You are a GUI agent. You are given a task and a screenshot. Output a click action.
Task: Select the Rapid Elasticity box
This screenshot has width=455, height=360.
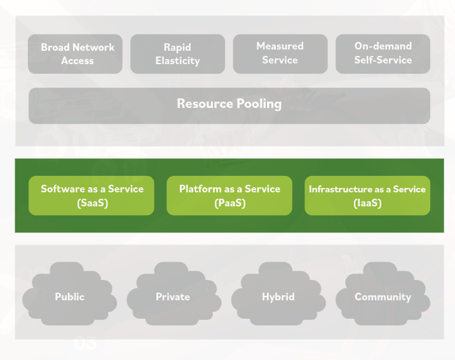click(177, 54)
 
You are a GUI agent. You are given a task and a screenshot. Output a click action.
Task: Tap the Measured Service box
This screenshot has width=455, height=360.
click(280, 54)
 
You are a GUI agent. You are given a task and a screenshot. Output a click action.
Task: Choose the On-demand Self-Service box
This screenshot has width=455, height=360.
click(383, 54)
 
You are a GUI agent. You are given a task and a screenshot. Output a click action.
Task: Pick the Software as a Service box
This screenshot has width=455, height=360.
click(92, 196)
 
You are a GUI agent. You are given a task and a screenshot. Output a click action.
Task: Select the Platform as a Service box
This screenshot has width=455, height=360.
click(229, 196)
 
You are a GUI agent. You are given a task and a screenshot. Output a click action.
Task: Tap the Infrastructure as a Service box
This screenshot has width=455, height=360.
click(367, 196)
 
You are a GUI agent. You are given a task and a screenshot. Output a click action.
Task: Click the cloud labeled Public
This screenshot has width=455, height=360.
click(69, 297)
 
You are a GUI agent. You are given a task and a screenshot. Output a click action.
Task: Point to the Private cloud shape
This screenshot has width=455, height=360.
click(173, 297)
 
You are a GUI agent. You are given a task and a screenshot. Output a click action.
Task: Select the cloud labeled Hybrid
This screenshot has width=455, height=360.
click(278, 297)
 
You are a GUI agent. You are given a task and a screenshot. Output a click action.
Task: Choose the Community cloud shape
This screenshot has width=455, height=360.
click(383, 297)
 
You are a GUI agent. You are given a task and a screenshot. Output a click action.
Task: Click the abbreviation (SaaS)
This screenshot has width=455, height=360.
click(92, 203)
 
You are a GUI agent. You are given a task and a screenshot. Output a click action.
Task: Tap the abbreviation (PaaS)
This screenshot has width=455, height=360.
click(229, 203)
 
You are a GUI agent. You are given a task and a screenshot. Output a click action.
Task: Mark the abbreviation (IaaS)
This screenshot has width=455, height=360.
click(367, 203)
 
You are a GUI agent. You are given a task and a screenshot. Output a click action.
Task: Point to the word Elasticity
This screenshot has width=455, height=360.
click(177, 61)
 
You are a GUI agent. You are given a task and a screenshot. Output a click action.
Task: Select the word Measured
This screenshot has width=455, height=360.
click(280, 46)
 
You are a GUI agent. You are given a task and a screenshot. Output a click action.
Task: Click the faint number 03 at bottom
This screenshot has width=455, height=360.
click(85, 344)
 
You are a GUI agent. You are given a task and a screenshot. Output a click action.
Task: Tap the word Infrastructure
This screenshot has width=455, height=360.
click(340, 189)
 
